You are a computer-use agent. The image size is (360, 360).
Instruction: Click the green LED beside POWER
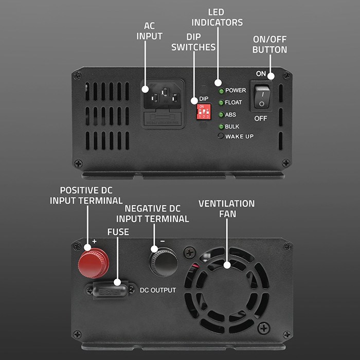click(x=221, y=91)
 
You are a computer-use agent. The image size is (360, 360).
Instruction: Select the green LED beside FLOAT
click(x=221, y=102)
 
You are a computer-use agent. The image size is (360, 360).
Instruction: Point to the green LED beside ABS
click(x=221, y=115)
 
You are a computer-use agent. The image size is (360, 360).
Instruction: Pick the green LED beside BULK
click(x=221, y=127)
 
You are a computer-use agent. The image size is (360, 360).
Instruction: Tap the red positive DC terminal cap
click(x=93, y=262)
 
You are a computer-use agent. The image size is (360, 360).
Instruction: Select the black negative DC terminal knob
click(x=164, y=263)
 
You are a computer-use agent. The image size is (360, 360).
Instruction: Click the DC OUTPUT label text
click(x=158, y=290)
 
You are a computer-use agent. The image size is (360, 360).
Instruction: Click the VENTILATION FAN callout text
click(x=226, y=208)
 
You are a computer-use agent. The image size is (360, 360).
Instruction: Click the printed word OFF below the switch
click(x=261, y=118)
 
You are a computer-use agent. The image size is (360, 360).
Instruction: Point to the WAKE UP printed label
click(x=239, y=136)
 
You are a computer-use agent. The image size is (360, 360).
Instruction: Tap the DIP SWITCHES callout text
click(x=193, y=42)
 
